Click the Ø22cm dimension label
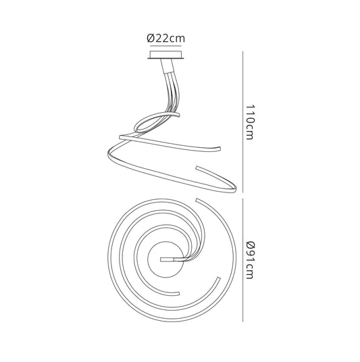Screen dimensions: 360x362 coord(165,38)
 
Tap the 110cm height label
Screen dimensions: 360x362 coord(249,122)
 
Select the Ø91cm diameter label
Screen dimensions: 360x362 coord(250,260)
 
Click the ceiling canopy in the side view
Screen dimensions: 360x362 coord(165,55)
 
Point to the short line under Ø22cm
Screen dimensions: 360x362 coord(165,46)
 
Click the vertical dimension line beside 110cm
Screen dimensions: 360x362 coord(242,122)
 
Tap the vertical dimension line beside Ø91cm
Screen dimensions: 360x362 coord(242,259)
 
